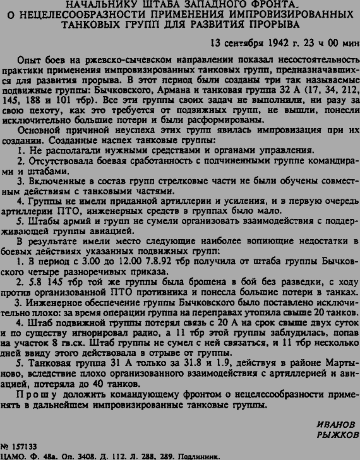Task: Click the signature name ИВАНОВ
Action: pos(336,423)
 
